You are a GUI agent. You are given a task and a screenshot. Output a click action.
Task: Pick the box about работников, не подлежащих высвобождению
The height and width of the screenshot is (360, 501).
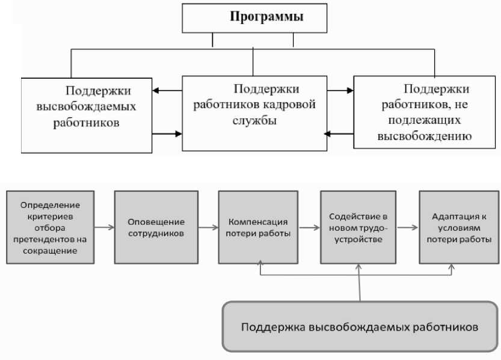(425, 112)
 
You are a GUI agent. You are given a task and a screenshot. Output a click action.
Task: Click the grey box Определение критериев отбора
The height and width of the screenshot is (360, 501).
(51, 227)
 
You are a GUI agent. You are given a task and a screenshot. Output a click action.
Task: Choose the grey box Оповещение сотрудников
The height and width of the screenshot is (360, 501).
(156, 227)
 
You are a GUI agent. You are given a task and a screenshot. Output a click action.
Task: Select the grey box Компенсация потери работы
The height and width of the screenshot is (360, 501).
(257, 227)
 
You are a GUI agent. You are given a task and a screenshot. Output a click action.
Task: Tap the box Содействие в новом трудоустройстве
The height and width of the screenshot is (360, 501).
(358, 227)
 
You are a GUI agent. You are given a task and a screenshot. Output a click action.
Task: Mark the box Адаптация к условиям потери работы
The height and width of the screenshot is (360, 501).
(458, 227)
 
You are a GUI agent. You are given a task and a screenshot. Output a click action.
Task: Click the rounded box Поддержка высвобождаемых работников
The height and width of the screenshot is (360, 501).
(360, 328)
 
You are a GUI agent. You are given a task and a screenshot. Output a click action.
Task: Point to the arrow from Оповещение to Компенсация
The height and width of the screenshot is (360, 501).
(207, 228)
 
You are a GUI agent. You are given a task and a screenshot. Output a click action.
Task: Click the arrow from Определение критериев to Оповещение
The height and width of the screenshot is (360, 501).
(105, 228)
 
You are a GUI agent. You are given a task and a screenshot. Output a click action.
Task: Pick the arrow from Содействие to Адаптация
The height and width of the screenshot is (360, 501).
(408, 228)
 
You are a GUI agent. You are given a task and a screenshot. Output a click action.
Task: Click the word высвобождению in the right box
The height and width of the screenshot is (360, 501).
(424, 135)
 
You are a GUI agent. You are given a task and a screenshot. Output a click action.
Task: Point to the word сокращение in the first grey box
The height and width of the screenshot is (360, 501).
(51, 251)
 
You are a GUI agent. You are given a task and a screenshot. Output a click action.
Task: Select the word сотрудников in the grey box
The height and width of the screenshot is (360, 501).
(156, 233)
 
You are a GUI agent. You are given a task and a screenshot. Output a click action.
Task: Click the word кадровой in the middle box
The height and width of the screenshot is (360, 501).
(294, 105)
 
